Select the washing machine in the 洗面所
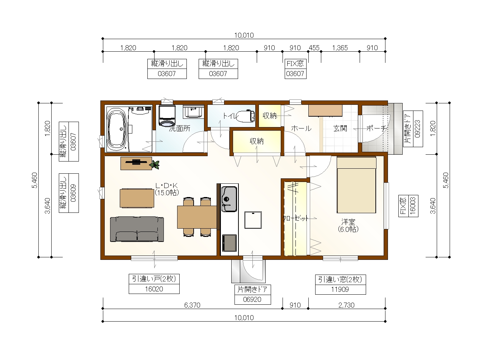pyautogui.click(x=167, y=116)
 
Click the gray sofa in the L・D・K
pyautogui.click(x=137, y=229)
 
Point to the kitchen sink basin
pyautogui.click(x=229, y=199)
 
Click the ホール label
pyautogui.click(x=301, y=128)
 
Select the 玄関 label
pyautogui.click(x=340, y=128)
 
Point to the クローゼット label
pyautogui.click(x=295, y=218)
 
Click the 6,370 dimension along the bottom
pyautogui.click(x=192, y=305)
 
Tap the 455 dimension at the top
pyautogui.click(x=314, y=48)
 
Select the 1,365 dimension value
pyautogui.click(x=340, y=48)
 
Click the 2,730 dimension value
pyautogui.click(x=346, y=305)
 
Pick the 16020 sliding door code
pyautogui.click(x=154, y=289)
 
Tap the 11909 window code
pyautogui.click(x=340, y=289)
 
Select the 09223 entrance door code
pyautogui.click(x=417, y=129)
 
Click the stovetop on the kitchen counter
pyautogui.click(x=229, y=243)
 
